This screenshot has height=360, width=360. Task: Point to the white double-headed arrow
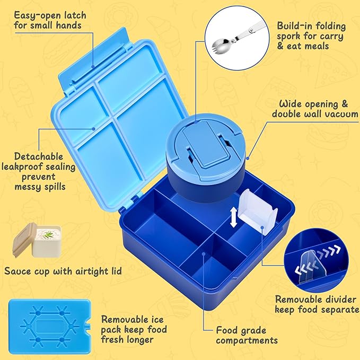233,217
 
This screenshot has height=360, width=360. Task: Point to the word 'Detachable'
39,156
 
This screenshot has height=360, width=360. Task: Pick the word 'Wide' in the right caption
288,104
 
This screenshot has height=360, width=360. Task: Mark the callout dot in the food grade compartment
204,253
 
